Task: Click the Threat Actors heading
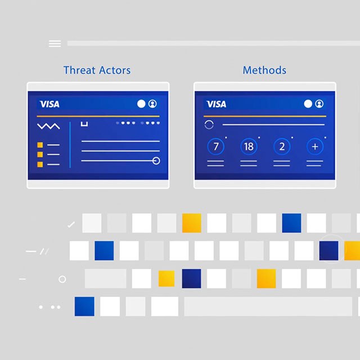click(97, 70)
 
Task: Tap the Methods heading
click(264, 70)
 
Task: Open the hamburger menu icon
click(55, 43)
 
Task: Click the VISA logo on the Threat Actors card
click(49, 104)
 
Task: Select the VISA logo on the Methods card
click(217, 104)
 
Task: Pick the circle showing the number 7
click(216, 147)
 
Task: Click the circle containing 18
click(249, 147)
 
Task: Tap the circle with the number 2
click(282, 147)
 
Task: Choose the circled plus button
click(315, 147)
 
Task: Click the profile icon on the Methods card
click(319, 104)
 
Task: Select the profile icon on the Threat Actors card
click(152, 104)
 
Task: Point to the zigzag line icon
click(48, 127)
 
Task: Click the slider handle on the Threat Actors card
click(156, 161)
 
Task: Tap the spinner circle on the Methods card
click(209, 125)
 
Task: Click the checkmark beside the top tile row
click(71, 224)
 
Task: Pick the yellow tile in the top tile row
click(191, 223)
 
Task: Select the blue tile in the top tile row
click(291, 223)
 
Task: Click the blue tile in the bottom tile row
click(84, 307)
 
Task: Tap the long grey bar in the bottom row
click(267, 307)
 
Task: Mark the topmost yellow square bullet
click(40, 145)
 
